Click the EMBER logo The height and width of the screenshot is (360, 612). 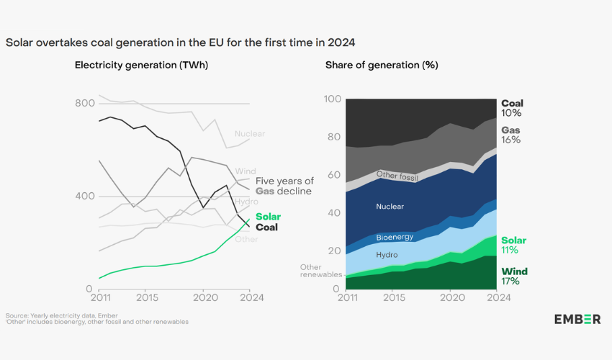pos(577,319)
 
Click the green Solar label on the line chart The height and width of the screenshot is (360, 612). pos(268,217)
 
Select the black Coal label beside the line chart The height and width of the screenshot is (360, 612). pos(267,228)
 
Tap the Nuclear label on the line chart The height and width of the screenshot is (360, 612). pos(249,133)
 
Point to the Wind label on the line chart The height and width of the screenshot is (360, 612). pos(245,171)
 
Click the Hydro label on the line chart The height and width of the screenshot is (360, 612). pos(246,202)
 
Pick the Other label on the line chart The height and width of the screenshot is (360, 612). pos(246,239)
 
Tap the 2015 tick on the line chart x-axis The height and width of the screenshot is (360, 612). pos(146,297)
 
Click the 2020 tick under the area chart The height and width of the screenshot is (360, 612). pos(450,297)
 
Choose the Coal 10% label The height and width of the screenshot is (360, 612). pos(512,108)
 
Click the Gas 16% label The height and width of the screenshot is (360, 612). pos(511,135)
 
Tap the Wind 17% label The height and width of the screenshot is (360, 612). pos(514,276)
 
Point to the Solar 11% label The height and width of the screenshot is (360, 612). pos(514,246)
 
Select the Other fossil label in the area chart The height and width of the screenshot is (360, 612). pos(398,175)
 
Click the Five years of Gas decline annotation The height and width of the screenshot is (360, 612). pos(284,186)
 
